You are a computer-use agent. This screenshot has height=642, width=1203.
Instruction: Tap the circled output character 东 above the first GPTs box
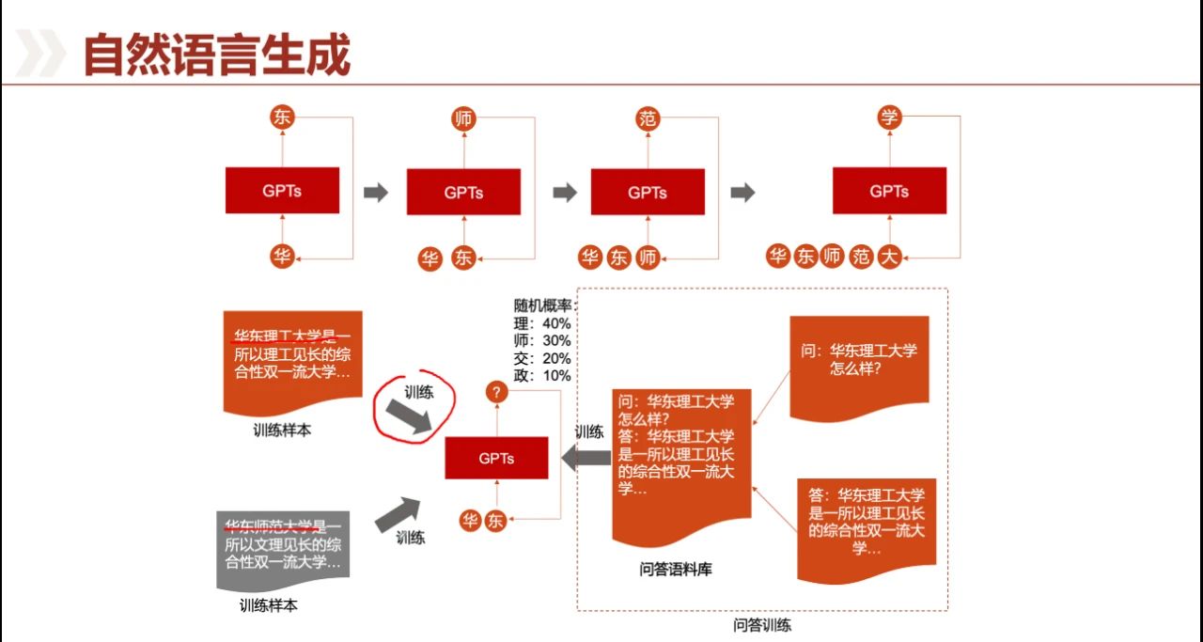pos(282,117)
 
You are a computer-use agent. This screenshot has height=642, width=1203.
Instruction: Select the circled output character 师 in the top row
pos(463,118)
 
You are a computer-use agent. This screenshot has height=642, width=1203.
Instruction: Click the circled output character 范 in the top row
pos(648,118)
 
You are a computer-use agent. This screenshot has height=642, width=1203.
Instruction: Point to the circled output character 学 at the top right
pos(889,117)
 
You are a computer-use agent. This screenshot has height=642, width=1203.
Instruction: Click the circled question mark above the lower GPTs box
pos(496,393)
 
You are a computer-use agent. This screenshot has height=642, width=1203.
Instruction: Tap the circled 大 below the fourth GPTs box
pos(889,256)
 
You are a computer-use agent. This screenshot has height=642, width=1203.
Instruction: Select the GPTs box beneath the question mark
pos(496,459)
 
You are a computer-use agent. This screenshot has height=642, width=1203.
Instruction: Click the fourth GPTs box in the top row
pos(889,192)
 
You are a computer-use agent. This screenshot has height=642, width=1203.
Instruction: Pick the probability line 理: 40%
pos(542,323)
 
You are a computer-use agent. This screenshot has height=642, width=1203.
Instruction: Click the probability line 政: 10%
pos(542,375)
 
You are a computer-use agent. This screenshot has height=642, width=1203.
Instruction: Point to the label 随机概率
pos(542,305)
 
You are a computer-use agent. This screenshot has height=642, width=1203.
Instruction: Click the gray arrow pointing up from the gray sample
pos(398,514)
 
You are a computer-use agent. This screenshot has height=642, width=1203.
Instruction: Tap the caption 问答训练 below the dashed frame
pos(762,625)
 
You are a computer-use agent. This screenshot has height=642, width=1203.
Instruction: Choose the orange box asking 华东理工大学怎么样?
pos(859,367)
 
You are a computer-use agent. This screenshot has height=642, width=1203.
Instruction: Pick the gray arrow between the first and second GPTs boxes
pos(376,193)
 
